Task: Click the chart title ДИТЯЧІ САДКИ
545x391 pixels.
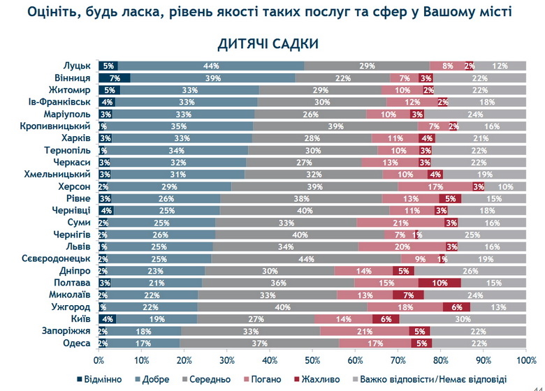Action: click(268, 44)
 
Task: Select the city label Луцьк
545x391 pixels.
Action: click(76, 66)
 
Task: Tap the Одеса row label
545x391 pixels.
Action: click(75, 343)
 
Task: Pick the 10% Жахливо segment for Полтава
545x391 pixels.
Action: click(439, 282)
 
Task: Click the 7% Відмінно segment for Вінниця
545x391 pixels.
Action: click(114, 78)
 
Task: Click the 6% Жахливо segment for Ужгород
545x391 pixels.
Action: click(457, 307)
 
